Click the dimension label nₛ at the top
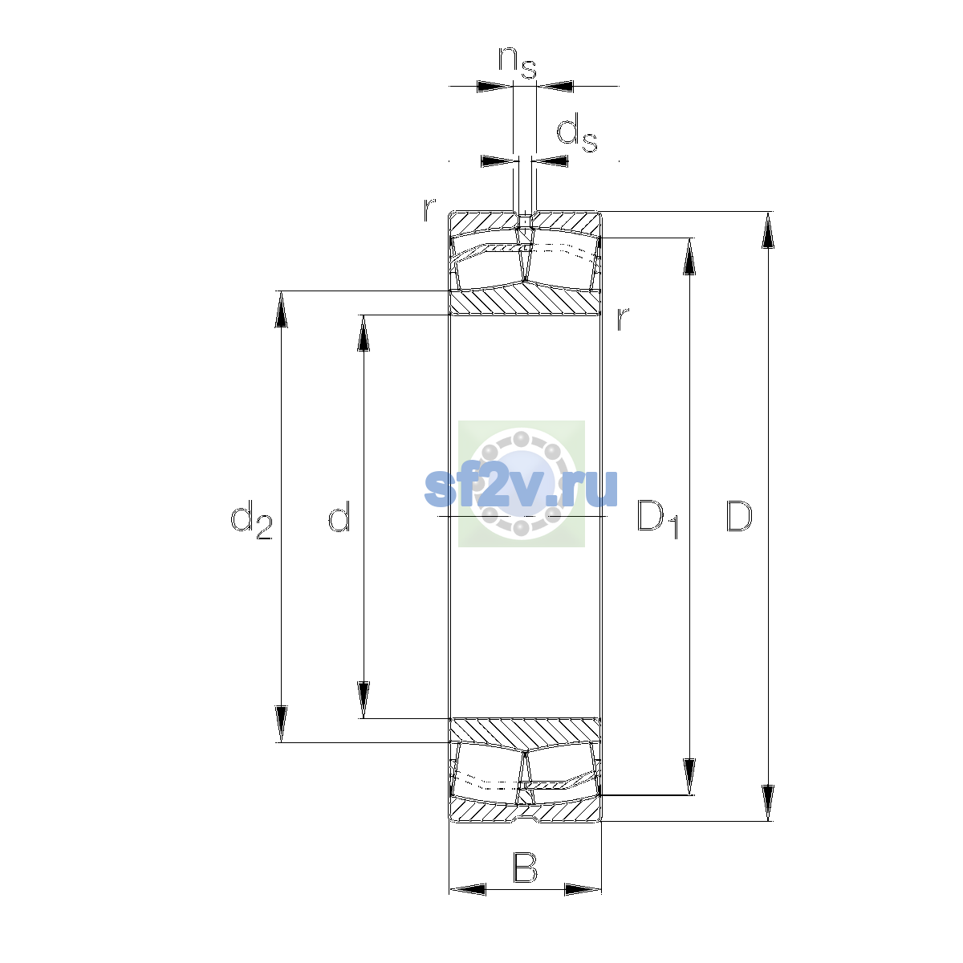click(518, 63)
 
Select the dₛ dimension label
click(577, 133)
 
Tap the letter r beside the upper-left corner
click(429, 209)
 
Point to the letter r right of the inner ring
click(622, 319)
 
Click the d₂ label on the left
click(251, 519)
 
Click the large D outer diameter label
click(738, 516)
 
